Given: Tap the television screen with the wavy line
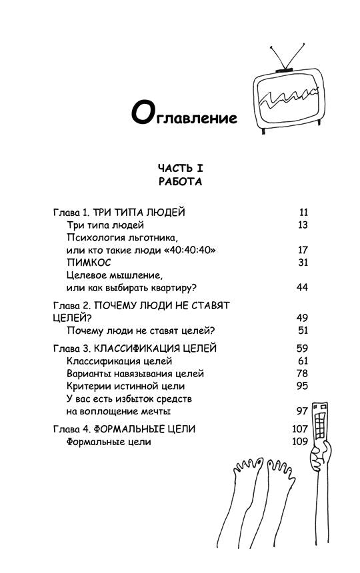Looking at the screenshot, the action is tap(286, 99).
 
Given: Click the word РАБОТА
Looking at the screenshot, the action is tap(180, 181).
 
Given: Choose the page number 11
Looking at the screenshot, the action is tap(303, 213).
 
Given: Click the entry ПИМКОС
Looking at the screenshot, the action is tap(89, 263).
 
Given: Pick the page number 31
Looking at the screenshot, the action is tap(303, 263).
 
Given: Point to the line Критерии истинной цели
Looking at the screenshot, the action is tap(126, 386).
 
